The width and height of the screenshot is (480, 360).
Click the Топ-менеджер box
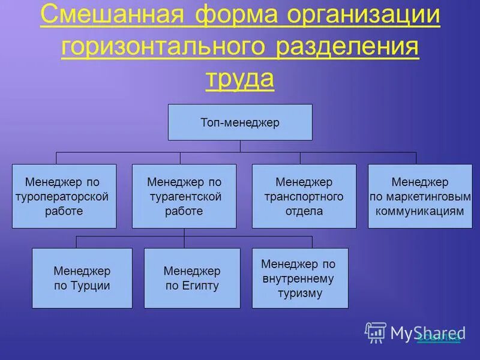(240, 122)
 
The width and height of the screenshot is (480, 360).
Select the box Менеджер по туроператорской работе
(64, 196)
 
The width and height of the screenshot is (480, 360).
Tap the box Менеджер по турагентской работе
(184, 196)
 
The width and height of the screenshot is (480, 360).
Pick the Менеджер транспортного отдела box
(304, 196)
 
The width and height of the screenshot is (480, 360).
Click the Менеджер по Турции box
(82, 278)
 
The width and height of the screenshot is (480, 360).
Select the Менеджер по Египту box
(192, 278)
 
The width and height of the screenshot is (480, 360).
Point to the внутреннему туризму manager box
(300, 278)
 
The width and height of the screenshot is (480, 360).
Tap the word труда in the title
(239, 78)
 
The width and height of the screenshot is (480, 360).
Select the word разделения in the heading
(347, 47)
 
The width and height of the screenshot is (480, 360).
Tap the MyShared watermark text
(428, 332)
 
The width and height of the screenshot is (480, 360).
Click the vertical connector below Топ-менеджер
(240, 146)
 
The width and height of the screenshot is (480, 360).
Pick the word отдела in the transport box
(304, 211)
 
